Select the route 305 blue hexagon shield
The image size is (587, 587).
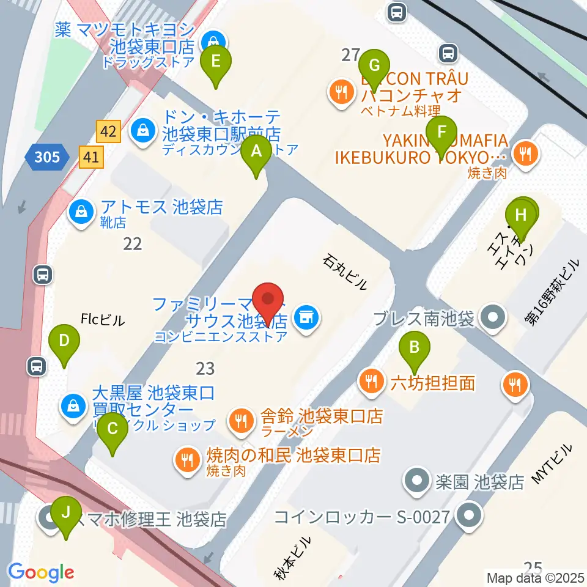tap(47, 158)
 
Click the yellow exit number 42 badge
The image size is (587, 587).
tap(108, 131)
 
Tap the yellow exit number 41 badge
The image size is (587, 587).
tap(92, 158)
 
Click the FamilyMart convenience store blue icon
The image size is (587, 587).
tap(304, 317)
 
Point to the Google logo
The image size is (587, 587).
tap(41, 572)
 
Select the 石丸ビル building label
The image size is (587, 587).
tap(345, 272)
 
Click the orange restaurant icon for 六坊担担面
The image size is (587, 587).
tap(371, 383)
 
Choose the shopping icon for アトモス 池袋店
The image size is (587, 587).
tap(80, 212)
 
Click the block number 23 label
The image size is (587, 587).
tap(205, 368)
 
